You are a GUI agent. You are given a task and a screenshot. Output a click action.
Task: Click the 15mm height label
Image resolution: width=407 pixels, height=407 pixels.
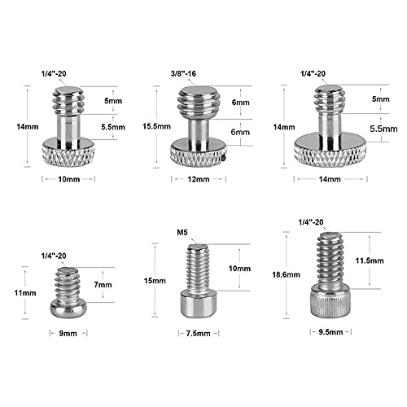155,279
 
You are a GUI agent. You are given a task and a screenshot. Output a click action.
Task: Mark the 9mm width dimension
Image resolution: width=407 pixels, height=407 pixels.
68,333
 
